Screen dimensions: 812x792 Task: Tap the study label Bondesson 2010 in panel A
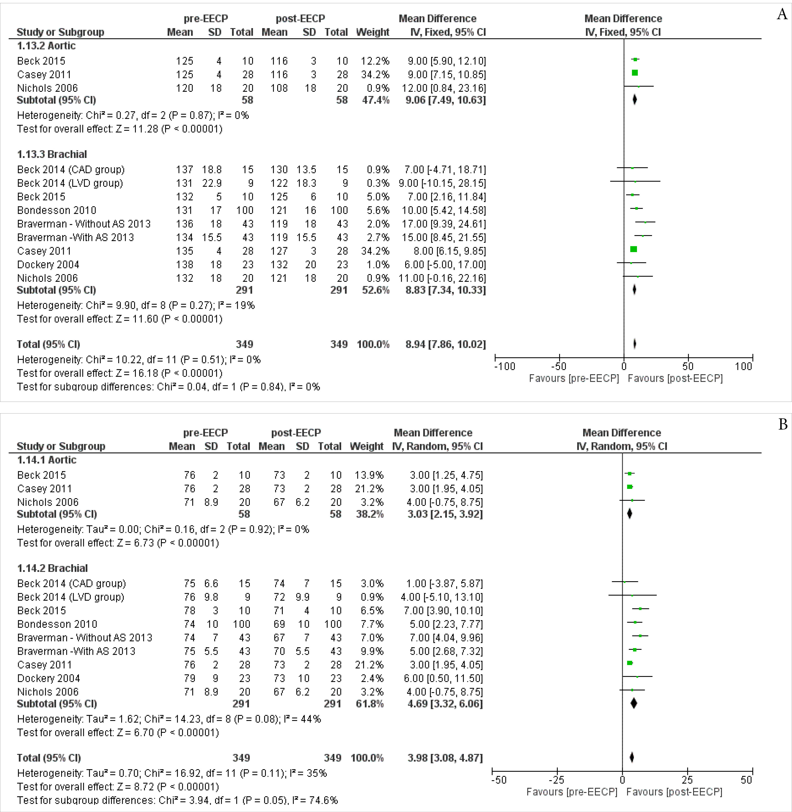pos(57,210)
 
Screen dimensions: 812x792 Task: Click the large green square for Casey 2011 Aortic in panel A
pos(635,73)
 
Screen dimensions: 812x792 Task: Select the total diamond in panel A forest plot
pos(635,344)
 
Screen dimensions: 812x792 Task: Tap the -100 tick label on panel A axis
pos(504,367)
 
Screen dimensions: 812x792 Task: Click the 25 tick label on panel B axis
pos(687,780)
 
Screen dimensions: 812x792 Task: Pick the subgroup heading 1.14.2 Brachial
pos(52,568)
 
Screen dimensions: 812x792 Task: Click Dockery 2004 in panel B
pos(48,678)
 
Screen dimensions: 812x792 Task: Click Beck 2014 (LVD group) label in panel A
pos(70,183)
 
